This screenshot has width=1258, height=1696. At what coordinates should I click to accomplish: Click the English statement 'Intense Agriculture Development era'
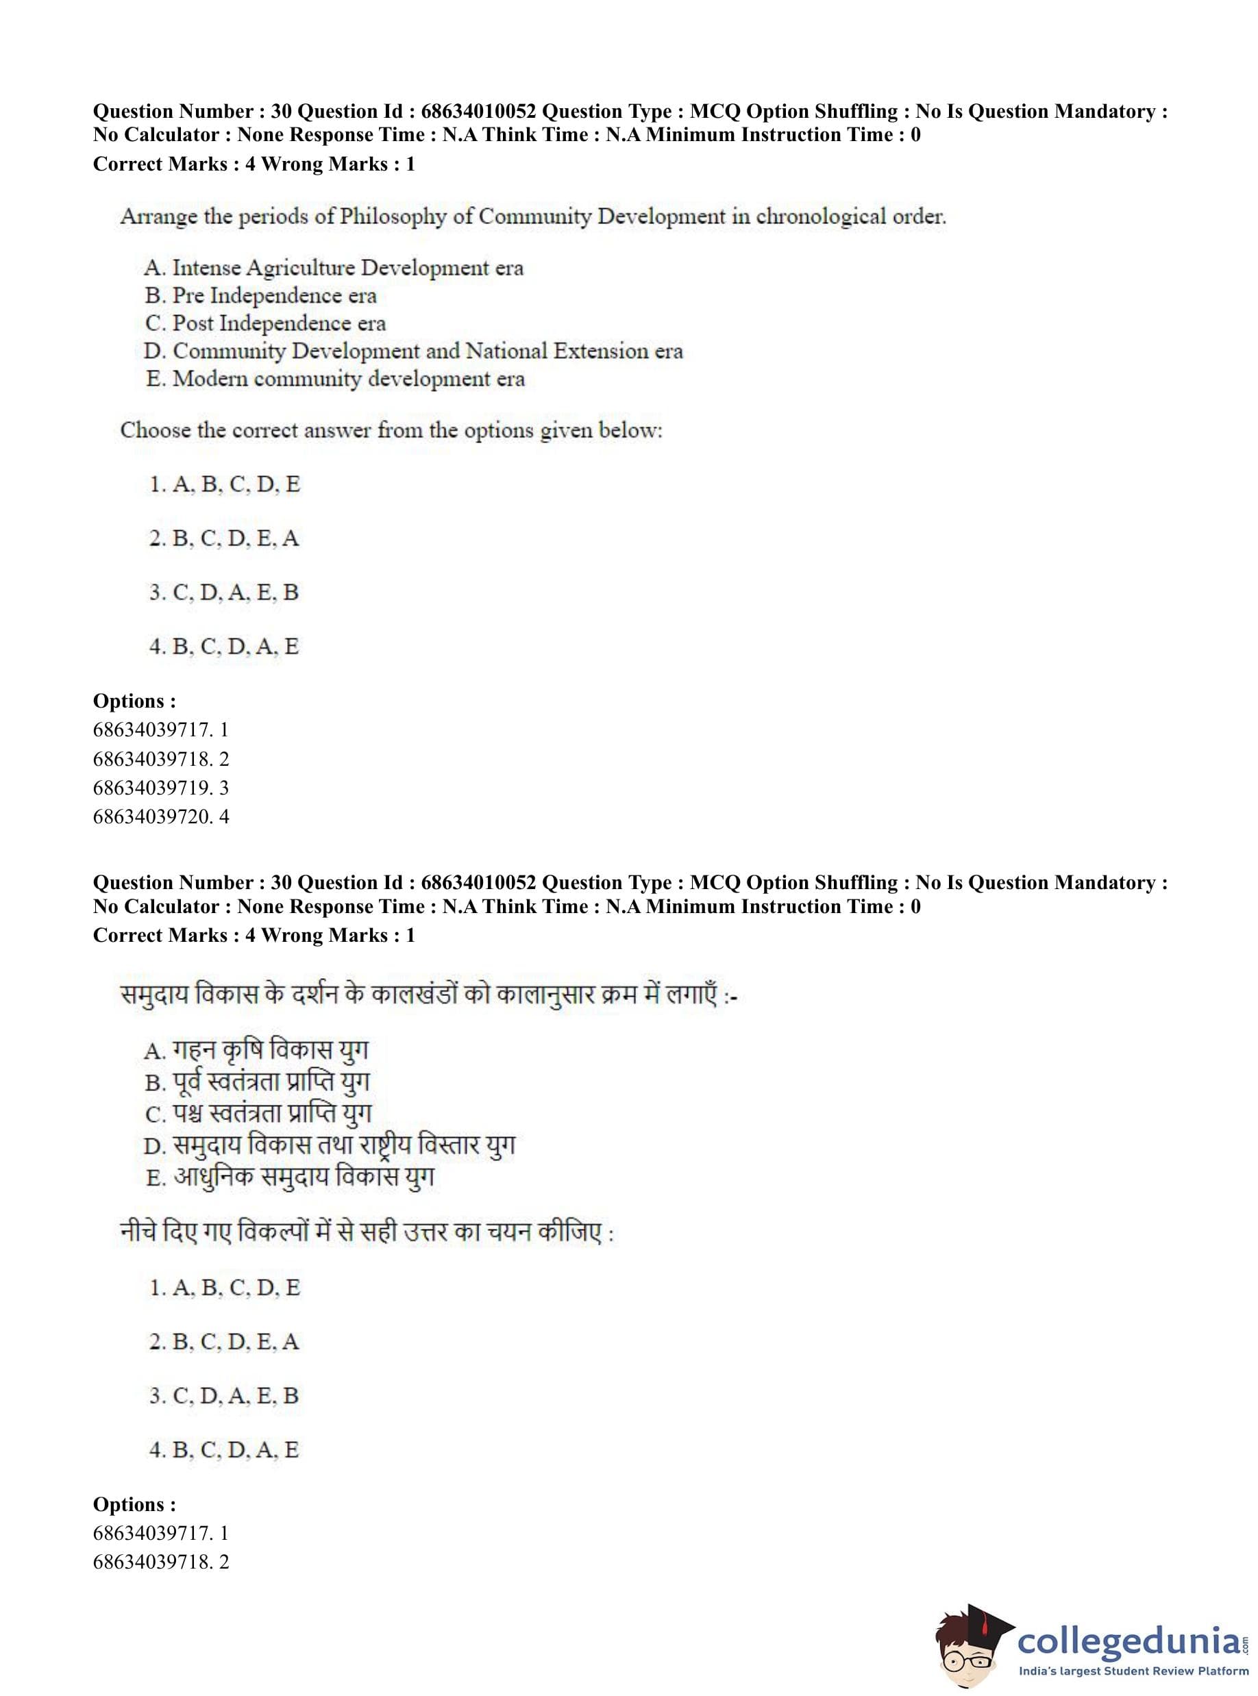coord(334,268)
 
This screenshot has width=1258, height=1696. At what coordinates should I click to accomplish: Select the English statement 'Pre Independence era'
coord(260,295)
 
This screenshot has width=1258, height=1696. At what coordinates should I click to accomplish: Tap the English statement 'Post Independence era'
coord(265,323)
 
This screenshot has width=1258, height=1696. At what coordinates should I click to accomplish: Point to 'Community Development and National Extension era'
coord(412,351)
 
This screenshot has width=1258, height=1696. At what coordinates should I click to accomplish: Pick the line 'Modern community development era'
coord(335,378)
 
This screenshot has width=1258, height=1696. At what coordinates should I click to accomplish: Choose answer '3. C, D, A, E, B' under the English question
coord(224,593)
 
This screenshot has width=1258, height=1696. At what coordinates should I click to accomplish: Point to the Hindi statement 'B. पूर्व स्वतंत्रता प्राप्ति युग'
coord(257,1082)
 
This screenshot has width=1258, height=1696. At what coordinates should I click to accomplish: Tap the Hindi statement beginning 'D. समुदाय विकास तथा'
coord(329,1146)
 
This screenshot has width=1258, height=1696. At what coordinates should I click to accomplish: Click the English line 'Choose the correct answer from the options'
coord(391,431)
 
